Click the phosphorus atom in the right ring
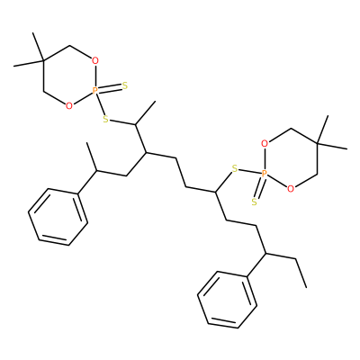coord(264,174)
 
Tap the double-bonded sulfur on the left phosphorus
coord(125,86)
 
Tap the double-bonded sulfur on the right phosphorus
coord(255,202)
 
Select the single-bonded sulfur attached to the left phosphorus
coord(105,119)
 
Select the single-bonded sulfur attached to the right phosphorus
coord(235,169)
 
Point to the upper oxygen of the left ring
coord(95,61)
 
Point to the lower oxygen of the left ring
coord(69,105)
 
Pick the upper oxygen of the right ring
coord(265,144)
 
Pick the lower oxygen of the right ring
coord(290,188)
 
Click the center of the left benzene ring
coord(58,217)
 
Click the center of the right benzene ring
coord(227,300)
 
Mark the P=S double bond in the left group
coord(110,87)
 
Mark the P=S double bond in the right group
coord(259,187)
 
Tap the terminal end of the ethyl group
coord(307,287)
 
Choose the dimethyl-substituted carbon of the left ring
coord(43,61)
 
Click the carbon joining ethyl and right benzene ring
coord(266,254)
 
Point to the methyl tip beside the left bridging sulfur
coord(156,102)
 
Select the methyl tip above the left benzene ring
coord(87,143)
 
